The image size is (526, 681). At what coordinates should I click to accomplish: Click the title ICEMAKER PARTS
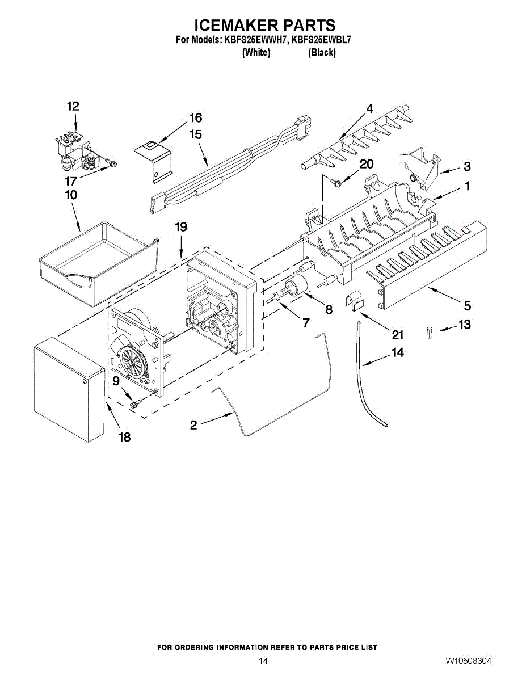pos(265,25)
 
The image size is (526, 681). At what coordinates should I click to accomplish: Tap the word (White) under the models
pos(256,53)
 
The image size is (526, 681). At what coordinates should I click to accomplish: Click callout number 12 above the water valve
pos(73,106)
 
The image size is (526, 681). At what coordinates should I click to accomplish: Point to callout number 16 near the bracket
pos(195,118)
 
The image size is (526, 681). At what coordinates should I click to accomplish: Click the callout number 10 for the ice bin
pos(71,195)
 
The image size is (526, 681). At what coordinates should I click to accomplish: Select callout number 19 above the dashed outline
pos(180,227)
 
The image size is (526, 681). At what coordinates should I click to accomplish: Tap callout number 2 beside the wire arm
pos(193,424)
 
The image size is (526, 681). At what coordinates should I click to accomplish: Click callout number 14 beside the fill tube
pos(398,352)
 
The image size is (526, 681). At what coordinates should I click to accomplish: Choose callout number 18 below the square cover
pos(124,437)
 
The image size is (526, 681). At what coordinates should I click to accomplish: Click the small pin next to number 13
pos(430,333)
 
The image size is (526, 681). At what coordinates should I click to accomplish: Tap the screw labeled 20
pos(335,183)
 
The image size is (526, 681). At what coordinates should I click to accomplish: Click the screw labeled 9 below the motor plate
pos(134,403)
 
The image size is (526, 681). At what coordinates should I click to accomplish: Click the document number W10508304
pos(468,662)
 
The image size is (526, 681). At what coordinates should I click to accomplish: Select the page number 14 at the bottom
pos(263,662)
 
